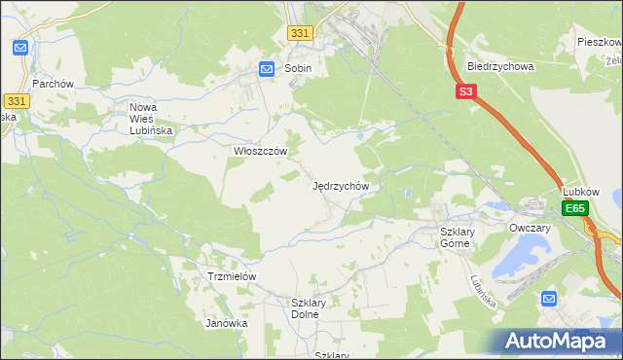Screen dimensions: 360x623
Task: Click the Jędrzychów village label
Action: coord(341,185)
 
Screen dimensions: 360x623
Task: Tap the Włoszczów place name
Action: coord(259,151)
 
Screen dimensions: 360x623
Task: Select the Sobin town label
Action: coord(298,69)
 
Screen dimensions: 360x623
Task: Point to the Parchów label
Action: coord(54,84)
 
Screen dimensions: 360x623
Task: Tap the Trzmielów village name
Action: coord(232,276)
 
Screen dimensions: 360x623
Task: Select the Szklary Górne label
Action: coord(456,237)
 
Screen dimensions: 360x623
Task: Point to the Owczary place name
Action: coord(530,228)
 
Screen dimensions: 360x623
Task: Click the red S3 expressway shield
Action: coord(466,92)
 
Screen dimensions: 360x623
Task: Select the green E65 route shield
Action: coord(575,208)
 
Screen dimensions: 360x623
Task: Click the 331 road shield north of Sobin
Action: coord(301,33)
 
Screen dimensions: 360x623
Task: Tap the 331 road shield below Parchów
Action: coord(16,101)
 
